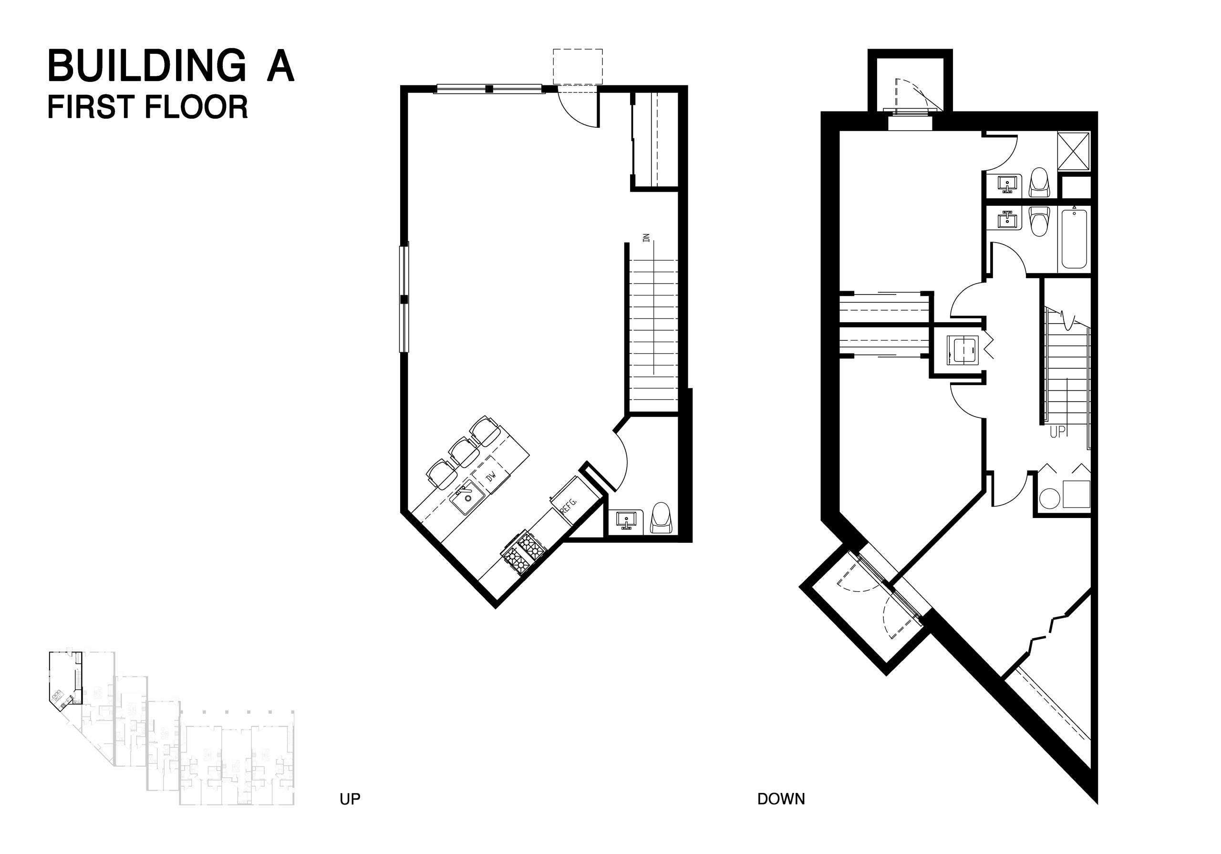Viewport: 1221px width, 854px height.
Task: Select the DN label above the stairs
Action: (647, 237)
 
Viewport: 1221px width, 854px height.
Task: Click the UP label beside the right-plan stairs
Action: (1058, 432)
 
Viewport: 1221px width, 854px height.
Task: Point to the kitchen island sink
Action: (467, 499)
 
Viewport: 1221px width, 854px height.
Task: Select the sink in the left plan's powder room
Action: (628, 521)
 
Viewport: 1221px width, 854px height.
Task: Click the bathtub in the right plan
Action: (1074, 239)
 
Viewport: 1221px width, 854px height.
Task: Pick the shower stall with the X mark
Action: (1074, 151)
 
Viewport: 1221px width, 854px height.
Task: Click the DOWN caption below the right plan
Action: (781, 813)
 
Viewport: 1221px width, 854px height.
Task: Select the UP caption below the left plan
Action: (350, 813)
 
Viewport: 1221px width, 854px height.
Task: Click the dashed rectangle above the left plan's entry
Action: (578, 66)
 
